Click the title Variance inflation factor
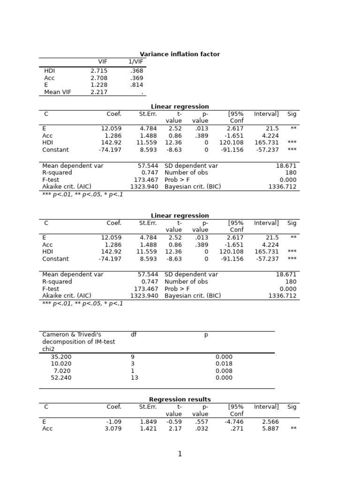click(x=180, y=54)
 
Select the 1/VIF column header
click(x=136, y=62)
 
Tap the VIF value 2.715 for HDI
click(x=99, y=71)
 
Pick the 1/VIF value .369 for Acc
click(x=137, y=78)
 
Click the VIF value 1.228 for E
click(x=99, y=85)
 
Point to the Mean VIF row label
click(x=58, y=92)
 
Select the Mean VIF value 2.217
click(x=99, y=92)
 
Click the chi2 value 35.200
click(x=61, y=357)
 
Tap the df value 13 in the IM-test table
click(x=135, y=378)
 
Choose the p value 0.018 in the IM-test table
click(x=224, y=364)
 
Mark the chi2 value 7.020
click(x=63, y=371)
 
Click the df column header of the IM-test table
click(x=134, y=335)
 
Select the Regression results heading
click(x=180, y=399)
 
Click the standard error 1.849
click(x=148, y=421)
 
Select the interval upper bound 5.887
click(x=270, y=428)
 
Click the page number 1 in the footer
click(x=180, y=454)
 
